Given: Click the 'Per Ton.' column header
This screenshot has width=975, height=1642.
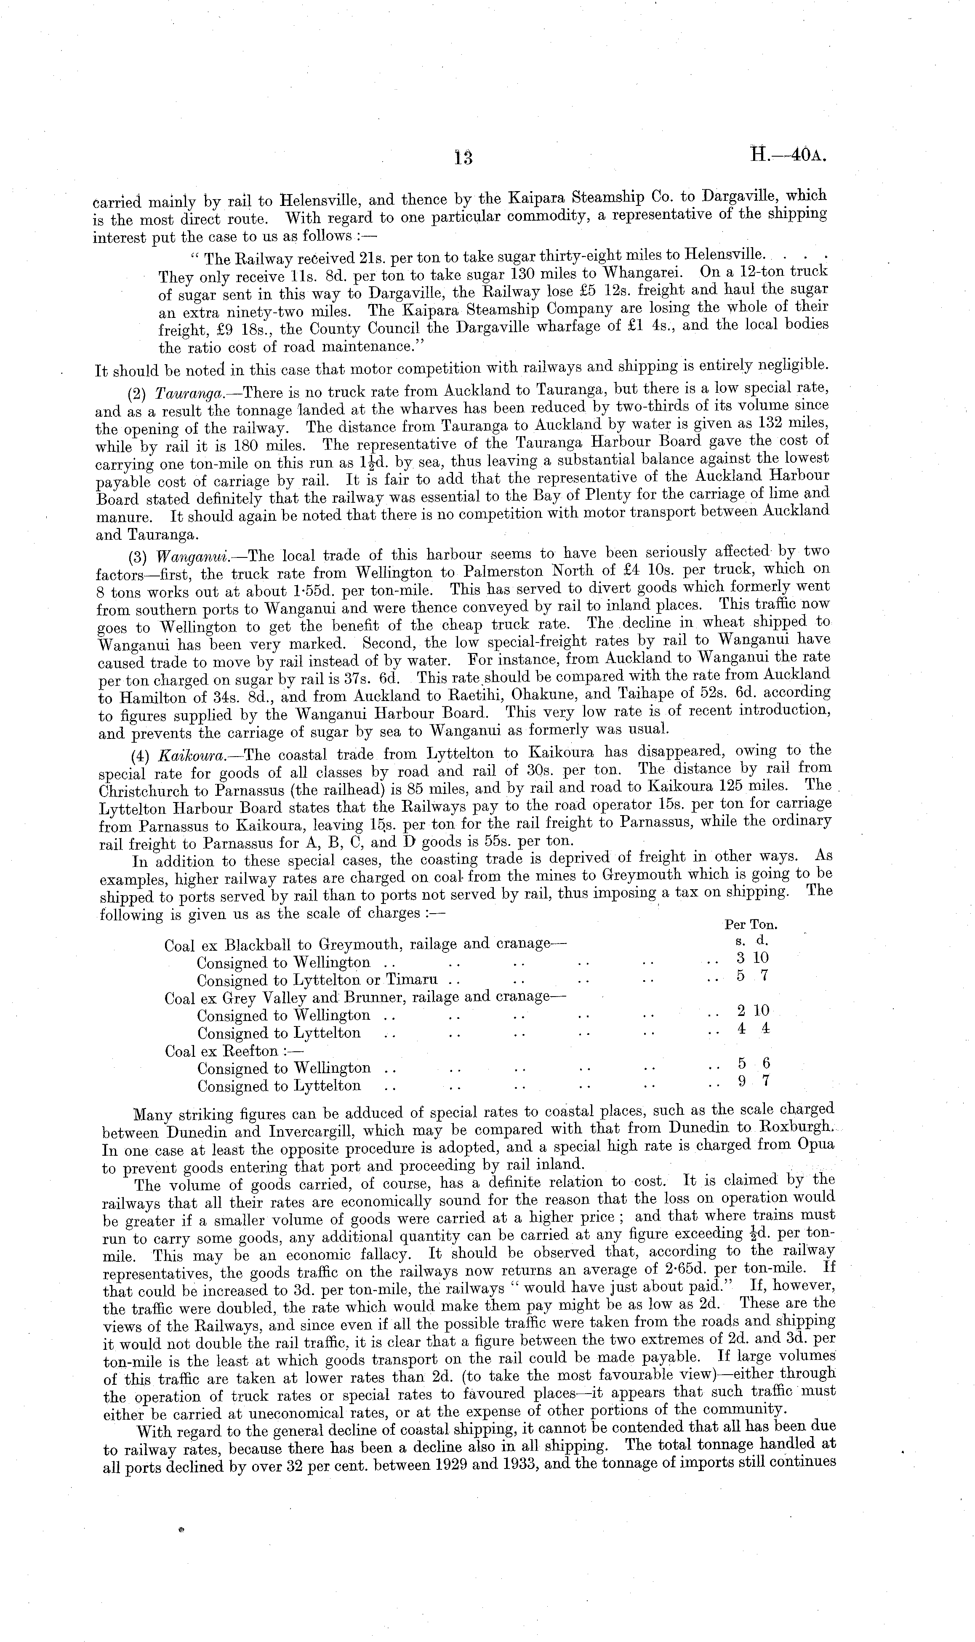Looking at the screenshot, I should pos(750,925).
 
